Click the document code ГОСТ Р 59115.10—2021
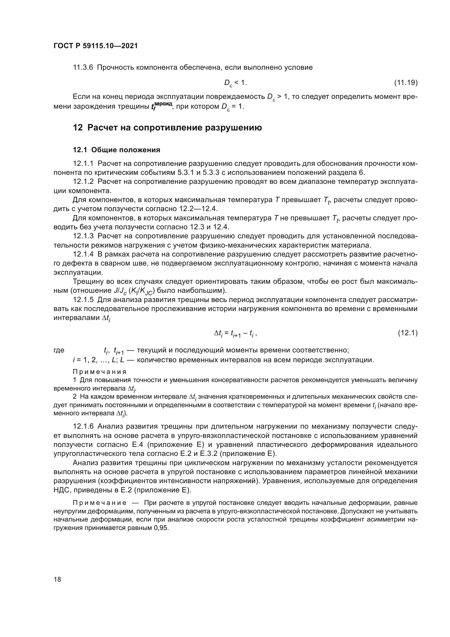95,46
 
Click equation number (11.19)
406,83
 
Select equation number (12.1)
407,333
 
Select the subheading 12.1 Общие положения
116,150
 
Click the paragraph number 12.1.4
83,254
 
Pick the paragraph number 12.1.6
83,426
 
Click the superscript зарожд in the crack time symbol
164,104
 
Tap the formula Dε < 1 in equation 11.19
235,83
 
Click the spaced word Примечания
100,372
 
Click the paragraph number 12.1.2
83,182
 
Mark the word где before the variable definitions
59,350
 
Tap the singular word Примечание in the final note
100,503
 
